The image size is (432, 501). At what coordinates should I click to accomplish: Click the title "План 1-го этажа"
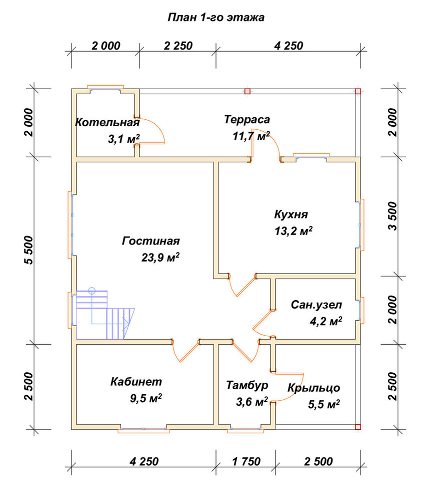pyautogui.click(x=216, y=17)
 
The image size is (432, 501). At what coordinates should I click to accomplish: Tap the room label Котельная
pyautogui.click(x=107, y=122)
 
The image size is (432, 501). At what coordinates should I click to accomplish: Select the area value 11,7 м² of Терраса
pyautogui.click(x=251, y=136)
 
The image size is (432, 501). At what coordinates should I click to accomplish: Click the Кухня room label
pyautogui.click(x=291, y=214)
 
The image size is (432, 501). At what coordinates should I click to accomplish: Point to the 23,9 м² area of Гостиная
pyautogui.click(x=160, y=257)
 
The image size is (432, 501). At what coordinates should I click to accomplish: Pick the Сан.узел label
pyautogui.click(x=316, y=305)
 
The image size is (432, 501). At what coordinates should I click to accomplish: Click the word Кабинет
pyautogui.click(x=136, y=381)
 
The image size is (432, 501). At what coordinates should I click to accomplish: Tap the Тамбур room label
pyautogui.click(x=247, y=385)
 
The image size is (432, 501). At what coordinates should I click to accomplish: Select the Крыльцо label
pyautogui.click(x=313, y=388)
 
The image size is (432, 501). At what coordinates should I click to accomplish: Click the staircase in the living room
pyautogui.click(x=105, y=315)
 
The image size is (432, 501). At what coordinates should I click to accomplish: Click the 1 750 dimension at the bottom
pyautogui.click(x=246, y=461)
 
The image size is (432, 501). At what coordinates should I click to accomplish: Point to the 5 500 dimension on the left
pyautogui.click(x=28, y=250)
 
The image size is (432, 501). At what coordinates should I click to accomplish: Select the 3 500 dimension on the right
pyautogui.click(x=393, y=216)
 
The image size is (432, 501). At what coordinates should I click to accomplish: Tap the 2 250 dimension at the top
pyautogui.click(x=178, y=46)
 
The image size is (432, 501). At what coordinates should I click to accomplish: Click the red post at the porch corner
pyautogui.click(x=357, y=426)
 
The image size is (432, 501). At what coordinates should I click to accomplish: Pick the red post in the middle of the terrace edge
pyautogui.click(x=247, y=91)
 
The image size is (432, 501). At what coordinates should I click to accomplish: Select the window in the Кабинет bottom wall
pyautogui.click(x=144, y=429)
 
